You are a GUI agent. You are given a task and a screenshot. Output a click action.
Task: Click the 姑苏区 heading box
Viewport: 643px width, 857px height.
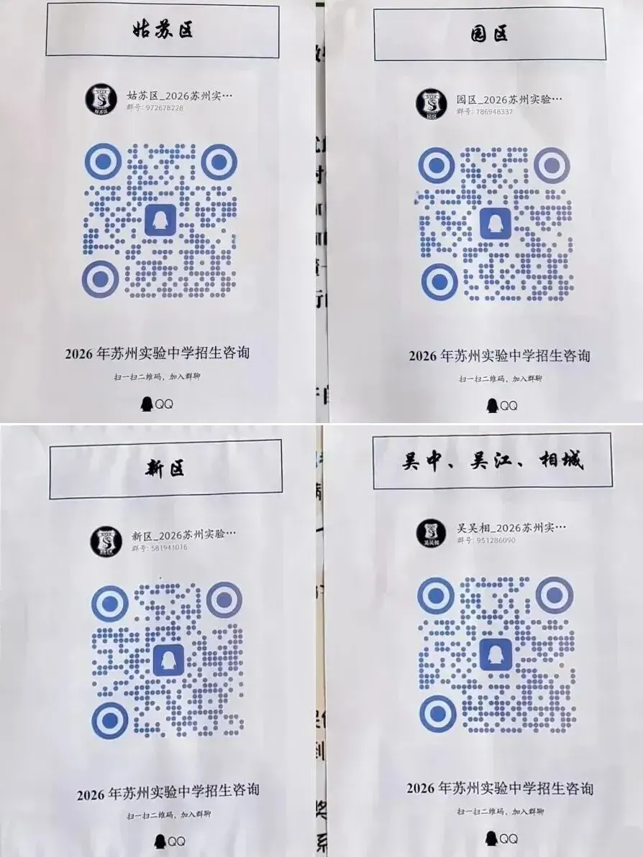(163, 30)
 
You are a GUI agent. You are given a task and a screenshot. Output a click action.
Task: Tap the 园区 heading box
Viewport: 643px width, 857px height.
(489, 34)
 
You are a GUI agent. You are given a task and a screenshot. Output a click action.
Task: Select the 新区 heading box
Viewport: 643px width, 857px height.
(165, 469)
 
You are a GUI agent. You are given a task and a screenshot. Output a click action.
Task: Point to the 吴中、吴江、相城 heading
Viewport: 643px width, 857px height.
(493, 460)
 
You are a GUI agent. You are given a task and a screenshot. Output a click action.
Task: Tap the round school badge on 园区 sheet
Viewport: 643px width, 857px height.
(431, 104)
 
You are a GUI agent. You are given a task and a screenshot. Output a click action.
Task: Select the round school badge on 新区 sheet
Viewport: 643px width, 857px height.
(105, 542)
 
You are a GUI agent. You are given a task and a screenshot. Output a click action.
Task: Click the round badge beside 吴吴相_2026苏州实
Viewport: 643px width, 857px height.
(432, 533)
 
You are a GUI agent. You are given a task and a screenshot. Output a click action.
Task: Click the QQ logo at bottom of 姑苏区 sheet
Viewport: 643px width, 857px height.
(157, 404)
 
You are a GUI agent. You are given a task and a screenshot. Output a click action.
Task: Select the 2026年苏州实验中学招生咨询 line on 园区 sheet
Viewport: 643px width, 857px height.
(499, 356)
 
